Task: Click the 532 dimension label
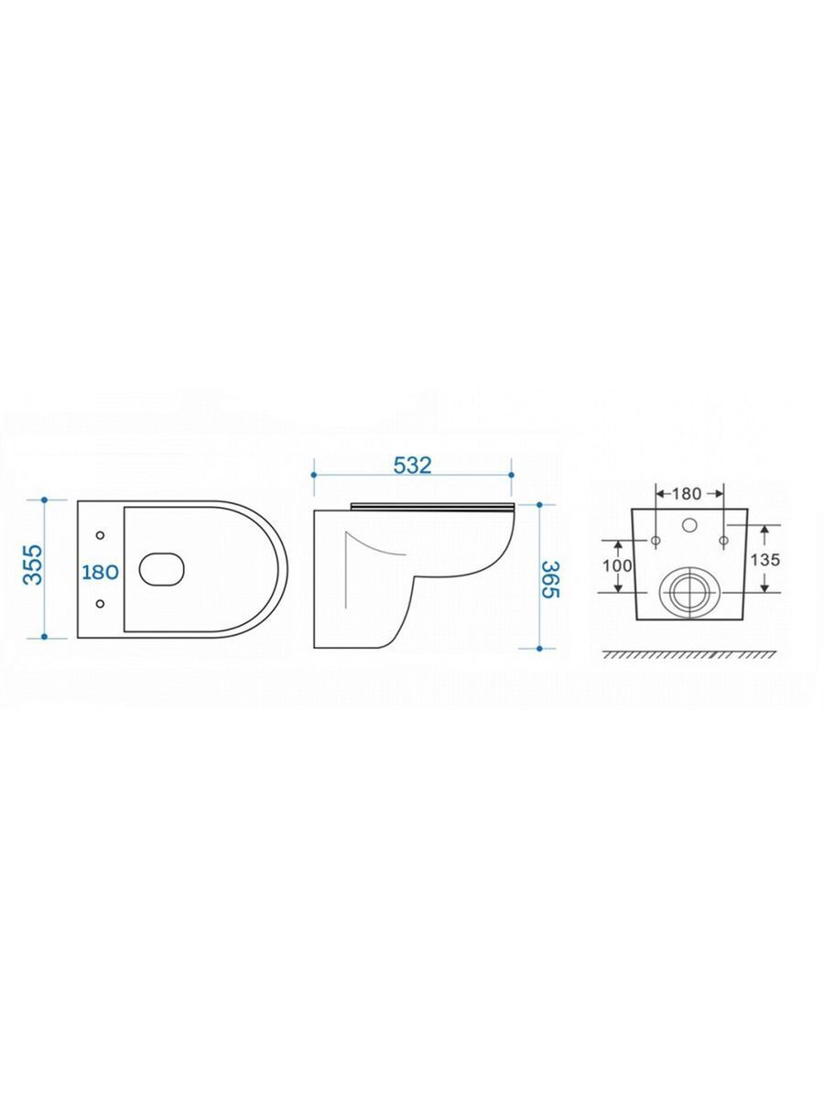point(412,465)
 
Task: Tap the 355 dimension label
point(34,565)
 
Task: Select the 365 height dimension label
point(551,580)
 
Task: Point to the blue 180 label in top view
point(100,572)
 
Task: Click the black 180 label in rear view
point(687,494)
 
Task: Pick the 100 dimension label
point(617,565)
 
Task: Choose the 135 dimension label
point(765,559)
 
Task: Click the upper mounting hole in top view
point(100,535)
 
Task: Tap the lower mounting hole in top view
point(100,604)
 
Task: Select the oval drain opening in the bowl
point(162,569)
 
